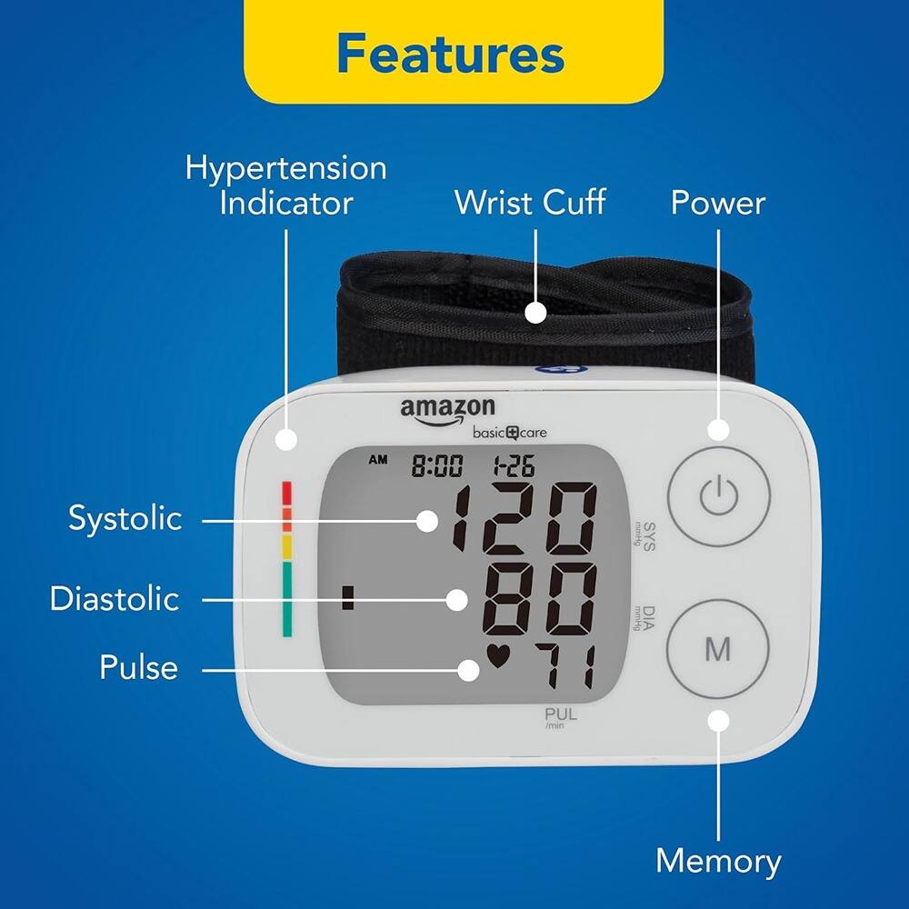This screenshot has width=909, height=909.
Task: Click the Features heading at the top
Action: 451,54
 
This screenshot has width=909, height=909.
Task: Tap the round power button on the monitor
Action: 718,496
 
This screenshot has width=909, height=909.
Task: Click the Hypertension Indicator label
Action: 286,185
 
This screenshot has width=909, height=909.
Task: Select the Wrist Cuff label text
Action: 530,202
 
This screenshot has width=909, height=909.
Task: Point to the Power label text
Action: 718,203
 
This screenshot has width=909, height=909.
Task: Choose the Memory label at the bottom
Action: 718,860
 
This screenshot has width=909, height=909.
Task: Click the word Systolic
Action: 125,519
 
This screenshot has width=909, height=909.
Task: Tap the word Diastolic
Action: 115,599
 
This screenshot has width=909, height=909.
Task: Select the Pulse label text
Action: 138,669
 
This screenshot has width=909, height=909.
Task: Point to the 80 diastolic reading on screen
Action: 541,599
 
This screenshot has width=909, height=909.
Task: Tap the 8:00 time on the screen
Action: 437,467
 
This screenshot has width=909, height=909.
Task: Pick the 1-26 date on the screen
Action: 513,467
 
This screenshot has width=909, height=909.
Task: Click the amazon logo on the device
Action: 447,408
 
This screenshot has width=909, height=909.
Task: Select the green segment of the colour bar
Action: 287,598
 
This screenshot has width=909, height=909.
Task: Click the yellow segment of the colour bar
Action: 287,547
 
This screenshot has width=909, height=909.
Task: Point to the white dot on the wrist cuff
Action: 536,312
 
